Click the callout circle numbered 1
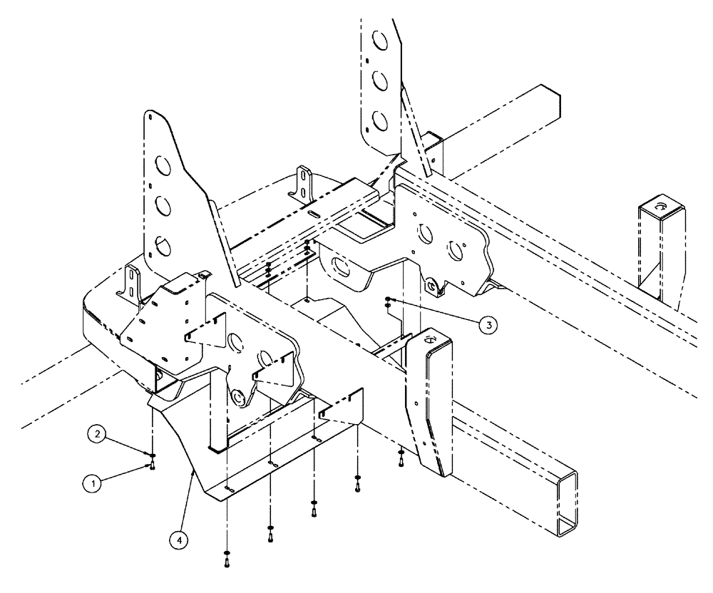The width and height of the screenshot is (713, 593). tap(91, 483)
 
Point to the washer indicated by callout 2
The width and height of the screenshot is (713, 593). tap(153, 454)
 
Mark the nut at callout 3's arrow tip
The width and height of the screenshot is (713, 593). tap(387, 299)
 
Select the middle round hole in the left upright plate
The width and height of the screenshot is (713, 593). tap(162, 207)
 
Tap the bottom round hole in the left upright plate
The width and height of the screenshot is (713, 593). tap(163, 247)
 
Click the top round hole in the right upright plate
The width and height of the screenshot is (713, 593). tap(381, 41)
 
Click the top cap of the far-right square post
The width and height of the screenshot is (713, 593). tap(661, 207)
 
